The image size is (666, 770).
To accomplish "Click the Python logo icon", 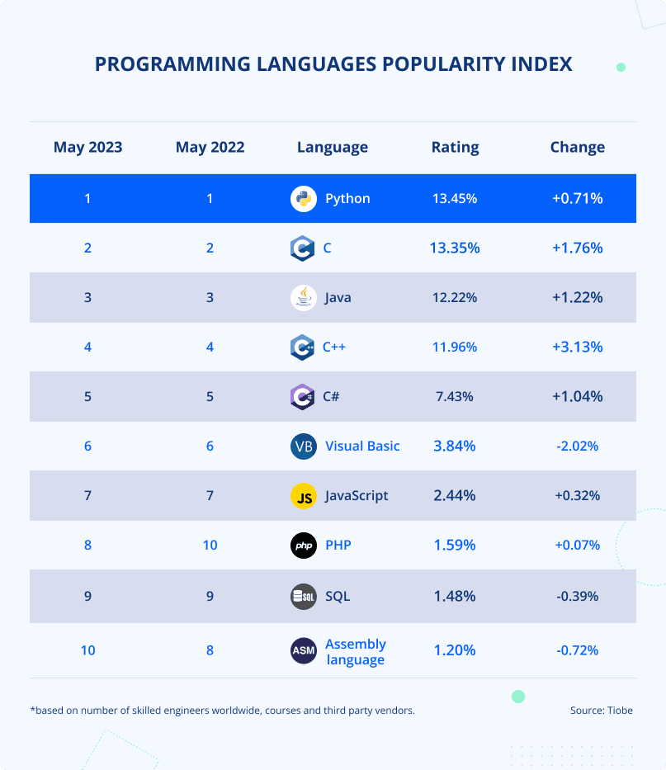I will pos(304,199).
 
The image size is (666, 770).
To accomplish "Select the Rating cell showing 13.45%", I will pos(455,199).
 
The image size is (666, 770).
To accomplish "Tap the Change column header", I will pos(577,148).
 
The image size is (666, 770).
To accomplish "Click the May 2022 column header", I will pos(210,148).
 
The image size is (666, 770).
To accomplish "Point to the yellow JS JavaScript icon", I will pos(304,496).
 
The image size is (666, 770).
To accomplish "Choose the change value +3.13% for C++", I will pos(577,347).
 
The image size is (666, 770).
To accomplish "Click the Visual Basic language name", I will pos(362,446).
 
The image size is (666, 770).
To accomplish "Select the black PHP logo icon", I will pos(304,546).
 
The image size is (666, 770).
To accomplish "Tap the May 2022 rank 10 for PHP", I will pos(210,546).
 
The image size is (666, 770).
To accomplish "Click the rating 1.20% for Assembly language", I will pos(455,650).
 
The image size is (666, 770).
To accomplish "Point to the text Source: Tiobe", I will pos(601,711).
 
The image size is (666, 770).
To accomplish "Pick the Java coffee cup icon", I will pos(304,298).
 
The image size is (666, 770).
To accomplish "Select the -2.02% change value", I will pos(577,446).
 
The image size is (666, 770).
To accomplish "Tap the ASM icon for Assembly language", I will pos(304,650).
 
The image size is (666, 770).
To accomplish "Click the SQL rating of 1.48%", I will pos(455,596).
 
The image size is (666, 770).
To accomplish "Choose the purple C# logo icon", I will pos(303,397).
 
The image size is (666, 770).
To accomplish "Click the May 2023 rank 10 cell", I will pos(87,650).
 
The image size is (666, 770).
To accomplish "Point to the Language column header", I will pos(333,148).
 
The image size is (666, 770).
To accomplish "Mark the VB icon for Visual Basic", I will pos(304,446).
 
